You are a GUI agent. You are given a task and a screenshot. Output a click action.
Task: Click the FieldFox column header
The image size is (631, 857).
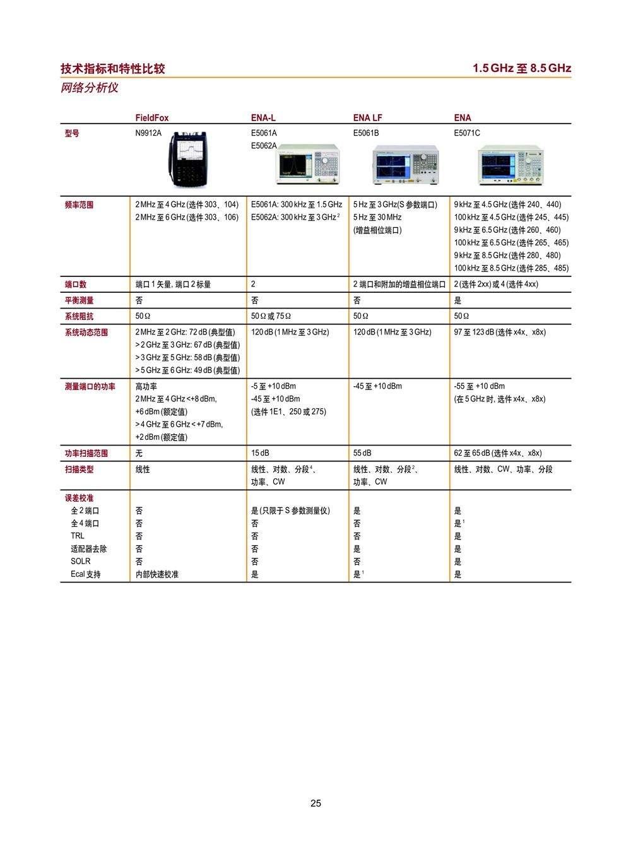click(x=152, y=118)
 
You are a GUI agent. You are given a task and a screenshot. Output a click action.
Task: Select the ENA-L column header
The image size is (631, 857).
click(x=263, y=118)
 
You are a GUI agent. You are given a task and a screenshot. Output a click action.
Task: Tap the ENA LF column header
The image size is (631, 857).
click(x=367, y=118)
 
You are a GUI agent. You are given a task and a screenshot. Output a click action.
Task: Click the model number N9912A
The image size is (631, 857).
click(x=148, y=133)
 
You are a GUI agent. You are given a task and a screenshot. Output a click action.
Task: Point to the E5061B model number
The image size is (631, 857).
click(x=366, y=133)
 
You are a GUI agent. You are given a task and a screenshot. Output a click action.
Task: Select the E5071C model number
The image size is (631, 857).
click(x=467, y=133)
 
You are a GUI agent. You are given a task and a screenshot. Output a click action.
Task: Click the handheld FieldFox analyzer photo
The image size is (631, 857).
click(x=188, y=159)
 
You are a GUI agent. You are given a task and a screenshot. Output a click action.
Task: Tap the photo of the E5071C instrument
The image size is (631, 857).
click(x=510, y=165)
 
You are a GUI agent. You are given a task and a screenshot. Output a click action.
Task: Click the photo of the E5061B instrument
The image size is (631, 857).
click(x=406, y=165)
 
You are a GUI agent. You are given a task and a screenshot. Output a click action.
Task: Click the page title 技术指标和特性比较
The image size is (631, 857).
click(x=112, y=69)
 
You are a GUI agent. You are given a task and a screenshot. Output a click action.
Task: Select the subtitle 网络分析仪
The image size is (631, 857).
click(x=89, y=88)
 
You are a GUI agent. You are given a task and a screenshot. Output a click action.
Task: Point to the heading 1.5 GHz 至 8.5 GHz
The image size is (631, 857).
click(x=522, y=68)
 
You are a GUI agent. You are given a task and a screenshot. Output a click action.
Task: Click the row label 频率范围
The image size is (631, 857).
click(x=79, y=205)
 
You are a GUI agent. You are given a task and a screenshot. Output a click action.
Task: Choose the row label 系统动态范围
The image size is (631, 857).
click(x=86, y=333)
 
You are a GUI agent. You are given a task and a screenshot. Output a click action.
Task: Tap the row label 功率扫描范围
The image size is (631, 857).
click(x=86, y=454)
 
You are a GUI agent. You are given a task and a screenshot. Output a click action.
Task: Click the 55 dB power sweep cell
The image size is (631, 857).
click(x=362, y=453)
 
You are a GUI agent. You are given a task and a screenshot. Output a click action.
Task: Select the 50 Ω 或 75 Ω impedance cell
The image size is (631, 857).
click(x=271, y=316)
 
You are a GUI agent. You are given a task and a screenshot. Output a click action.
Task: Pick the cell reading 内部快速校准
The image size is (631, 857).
click(x=157, y=574)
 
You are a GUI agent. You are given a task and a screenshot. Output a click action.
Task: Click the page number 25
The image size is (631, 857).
click(x=315, y=803)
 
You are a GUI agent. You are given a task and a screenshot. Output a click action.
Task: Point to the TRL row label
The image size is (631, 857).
click(x=78, y=536)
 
